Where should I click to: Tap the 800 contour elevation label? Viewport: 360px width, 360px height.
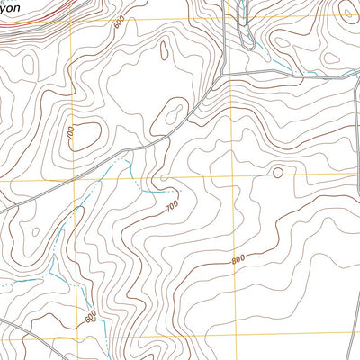238,259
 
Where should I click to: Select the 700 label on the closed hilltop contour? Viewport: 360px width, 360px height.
71,133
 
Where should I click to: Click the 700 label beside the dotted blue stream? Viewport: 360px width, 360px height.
172,207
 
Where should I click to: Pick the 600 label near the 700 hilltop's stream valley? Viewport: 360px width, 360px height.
91,316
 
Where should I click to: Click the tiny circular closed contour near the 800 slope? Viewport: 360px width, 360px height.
277,172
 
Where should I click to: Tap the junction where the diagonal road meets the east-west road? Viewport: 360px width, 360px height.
222,73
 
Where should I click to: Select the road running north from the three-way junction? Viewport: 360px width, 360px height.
222,36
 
